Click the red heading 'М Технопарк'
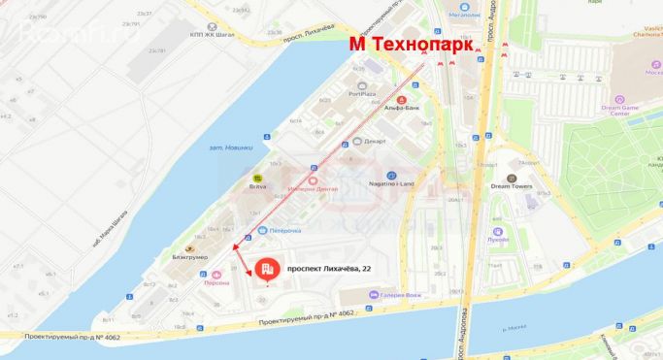[412, 45]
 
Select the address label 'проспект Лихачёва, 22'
[329, 272]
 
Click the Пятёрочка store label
[283, 230]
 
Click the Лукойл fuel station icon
[498, 232]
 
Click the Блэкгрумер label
[190, 256]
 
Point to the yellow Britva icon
[258, 178]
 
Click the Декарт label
[374, 141]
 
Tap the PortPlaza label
[361, 94]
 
